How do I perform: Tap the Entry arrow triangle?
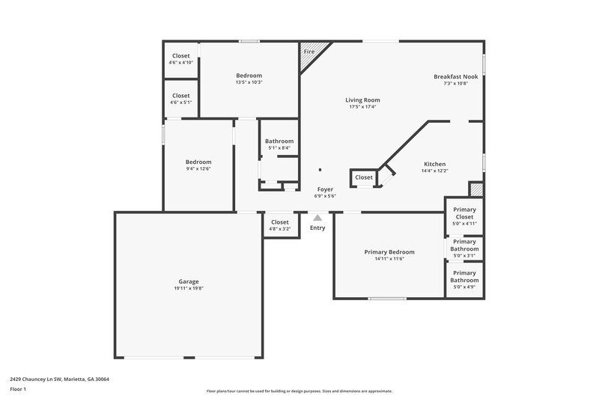coord(317,218)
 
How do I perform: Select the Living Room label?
coord(362,100)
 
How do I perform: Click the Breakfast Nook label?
coord(455,76)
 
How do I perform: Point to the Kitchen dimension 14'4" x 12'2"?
coord(434,171)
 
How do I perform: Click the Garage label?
coord(189,281)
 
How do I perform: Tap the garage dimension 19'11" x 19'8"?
coord(189,288)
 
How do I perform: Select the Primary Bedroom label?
coord(389,252)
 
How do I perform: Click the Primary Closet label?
coord(464,213)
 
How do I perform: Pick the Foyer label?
coord(325,189)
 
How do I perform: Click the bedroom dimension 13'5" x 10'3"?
coord(249,82)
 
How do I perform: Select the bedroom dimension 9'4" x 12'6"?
coord(198,168)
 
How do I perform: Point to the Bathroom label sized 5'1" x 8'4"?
coord(279,141)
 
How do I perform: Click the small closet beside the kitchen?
coord(364,177)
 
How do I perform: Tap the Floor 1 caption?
coord(18,390)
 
